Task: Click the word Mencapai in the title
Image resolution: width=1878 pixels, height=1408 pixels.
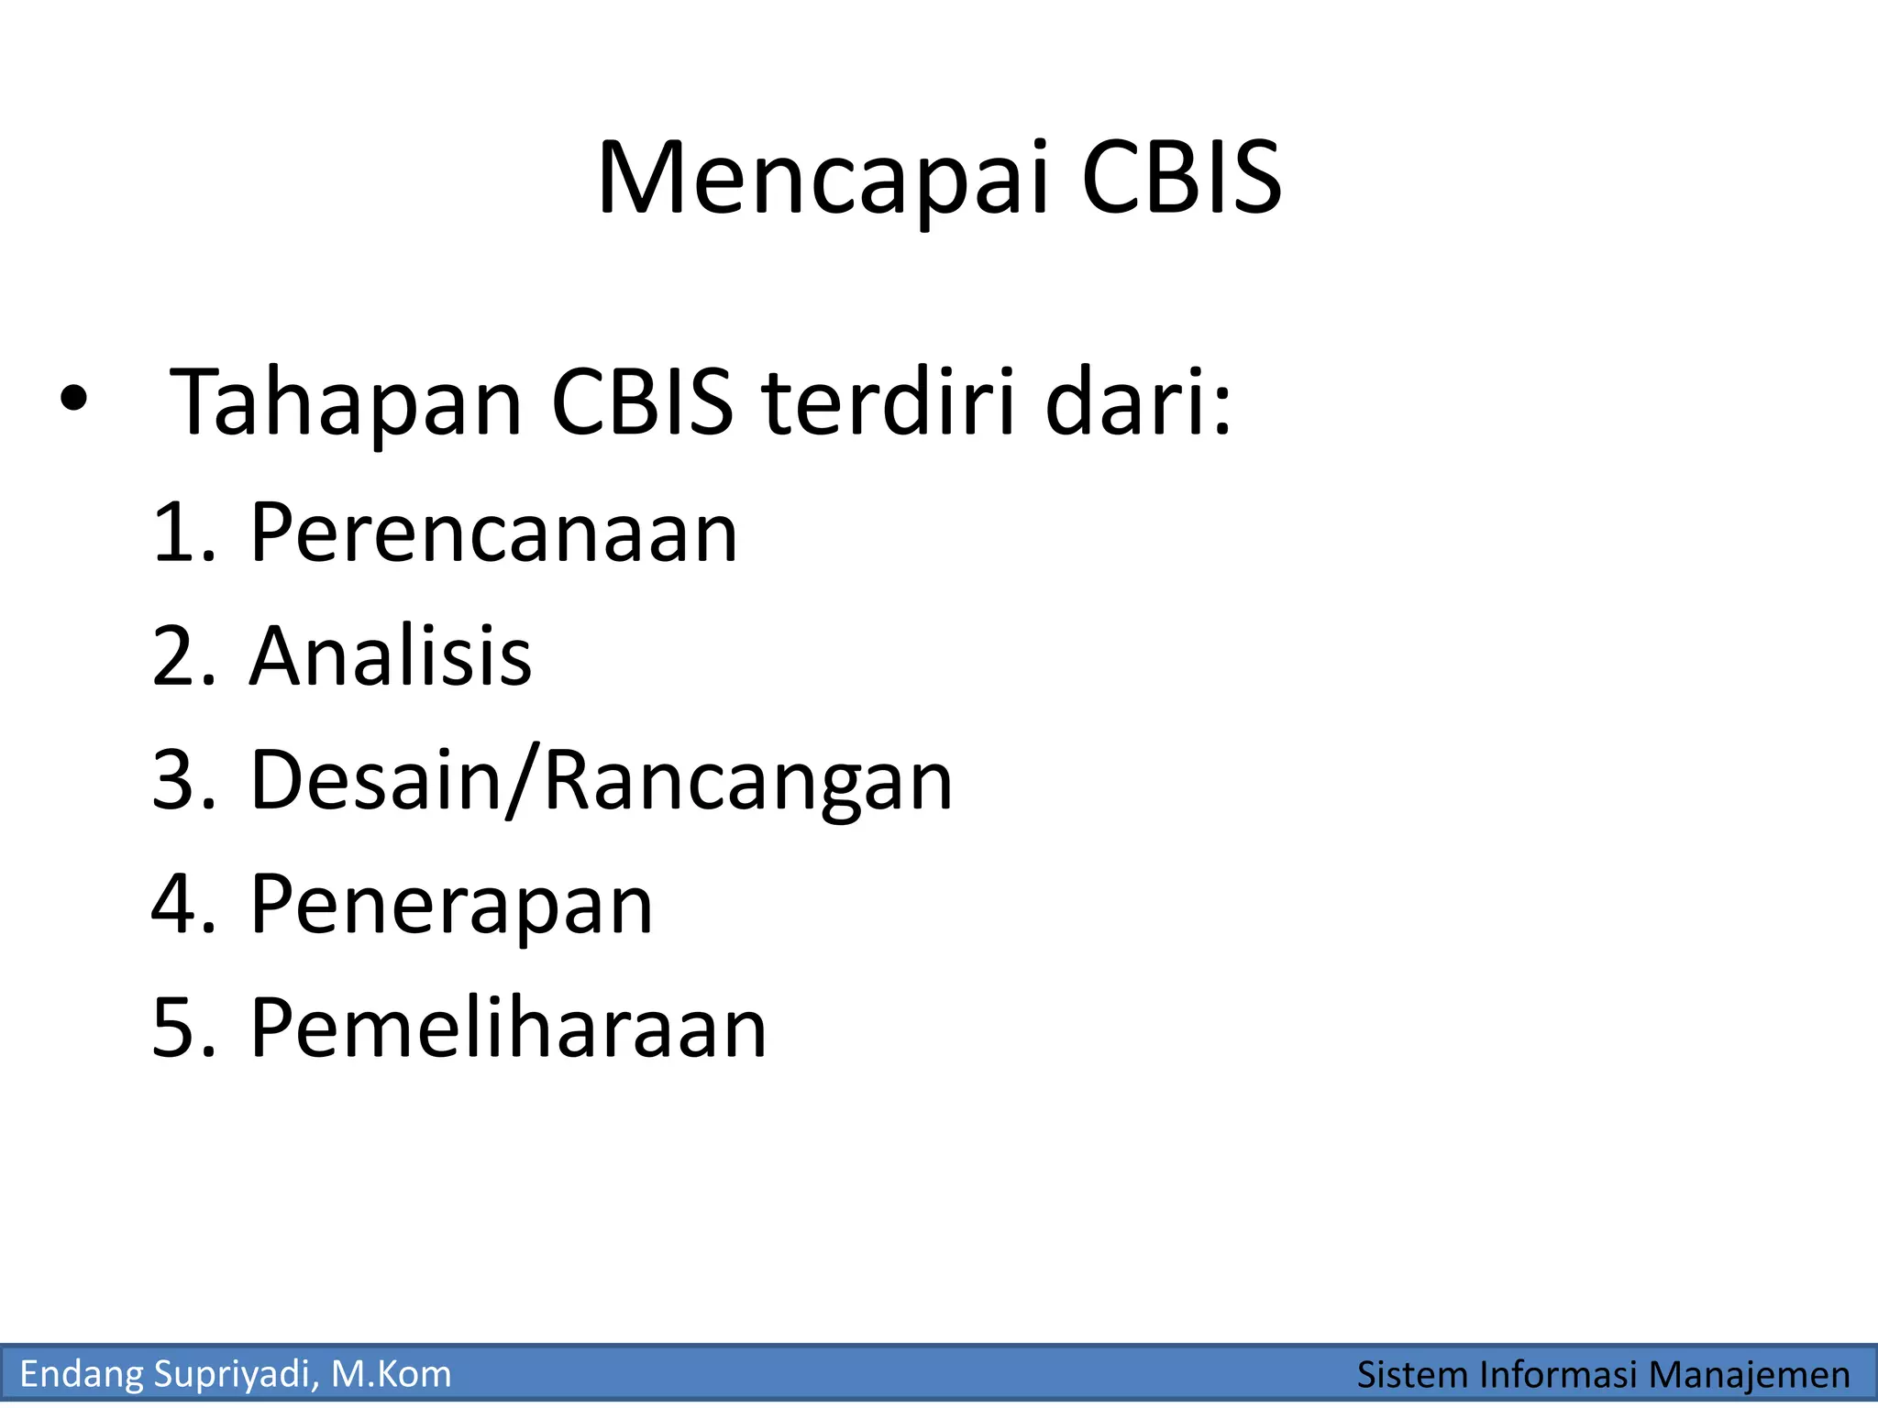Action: (822, 179)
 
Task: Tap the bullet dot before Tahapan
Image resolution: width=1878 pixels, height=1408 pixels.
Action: (73, 398)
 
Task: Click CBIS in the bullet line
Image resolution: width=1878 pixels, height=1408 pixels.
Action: (642, 401)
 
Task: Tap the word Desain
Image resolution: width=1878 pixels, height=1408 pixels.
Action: (376, 780)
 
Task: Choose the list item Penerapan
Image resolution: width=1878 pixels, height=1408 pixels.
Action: (451, 905)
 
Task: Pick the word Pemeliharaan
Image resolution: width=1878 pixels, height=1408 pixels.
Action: (508, 1028)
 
